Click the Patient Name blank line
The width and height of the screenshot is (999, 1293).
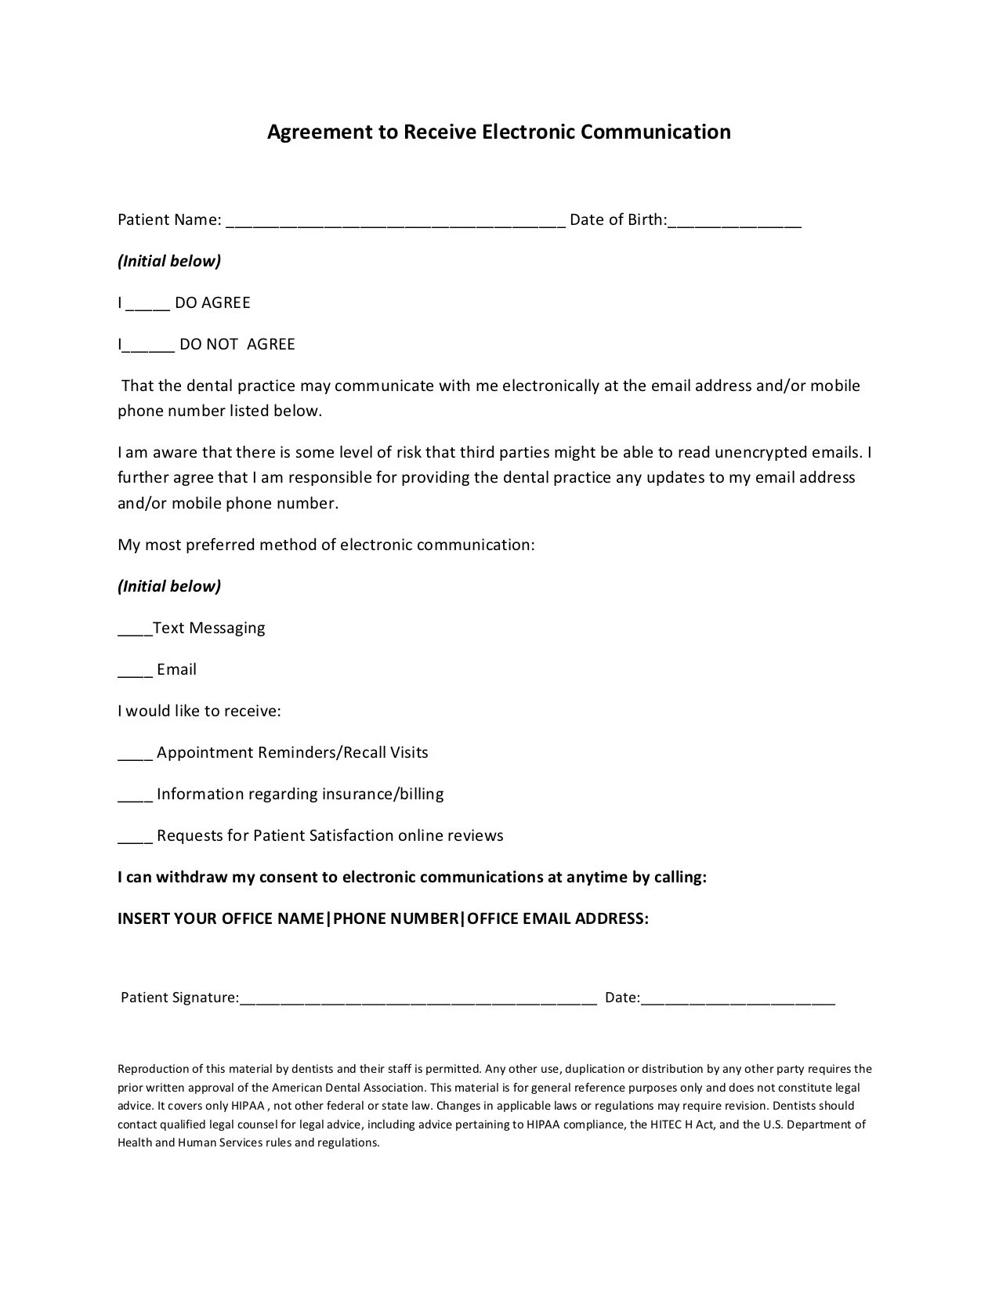[x=396, y=222]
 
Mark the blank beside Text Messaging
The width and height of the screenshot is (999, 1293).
[x=135, y=630]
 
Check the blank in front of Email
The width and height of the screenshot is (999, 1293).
[x=135, y=672]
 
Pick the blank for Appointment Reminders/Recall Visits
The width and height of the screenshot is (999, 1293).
[x=135, y=755]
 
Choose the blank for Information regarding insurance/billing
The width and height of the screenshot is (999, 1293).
[x=135, y=796]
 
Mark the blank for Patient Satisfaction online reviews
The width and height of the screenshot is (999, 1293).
[x=135, y=838]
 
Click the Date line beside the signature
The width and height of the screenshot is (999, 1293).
[x=737, y=1000]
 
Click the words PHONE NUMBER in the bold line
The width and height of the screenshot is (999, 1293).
[x=395, y=918]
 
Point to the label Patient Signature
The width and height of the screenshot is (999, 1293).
[x=179, y=998]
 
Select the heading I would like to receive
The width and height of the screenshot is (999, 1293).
[x=199, y=712]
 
